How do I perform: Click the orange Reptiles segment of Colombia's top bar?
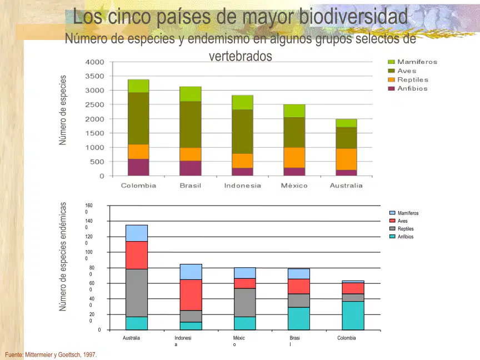(x=138, y=152)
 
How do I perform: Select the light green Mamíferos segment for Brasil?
(x=191, y=94)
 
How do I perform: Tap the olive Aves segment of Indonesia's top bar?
(x=242, y=132)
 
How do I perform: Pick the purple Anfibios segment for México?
(x=294, y=172)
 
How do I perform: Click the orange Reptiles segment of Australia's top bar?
(x=346, y=159)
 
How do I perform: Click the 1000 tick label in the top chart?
(x=94, y=148)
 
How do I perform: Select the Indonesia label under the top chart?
(x=242, y=186)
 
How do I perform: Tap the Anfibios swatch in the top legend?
(x=391, y=88)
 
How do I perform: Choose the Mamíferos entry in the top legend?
(x=413, y=62)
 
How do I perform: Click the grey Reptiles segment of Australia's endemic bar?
(x=137, y=293)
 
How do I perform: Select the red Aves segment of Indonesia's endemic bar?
(x=191, y=295)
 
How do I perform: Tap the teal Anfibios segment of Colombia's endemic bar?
(x=353, y=316)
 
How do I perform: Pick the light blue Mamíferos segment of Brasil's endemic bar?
(x=299, y=274)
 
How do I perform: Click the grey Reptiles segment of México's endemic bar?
(x=245, y=302)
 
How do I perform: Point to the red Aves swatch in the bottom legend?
(x=392, y=221)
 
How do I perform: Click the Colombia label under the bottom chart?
(x=347, y=338)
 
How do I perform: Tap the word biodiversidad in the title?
(x=353, y=17)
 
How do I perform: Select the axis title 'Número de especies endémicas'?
(x=63, y=257)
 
